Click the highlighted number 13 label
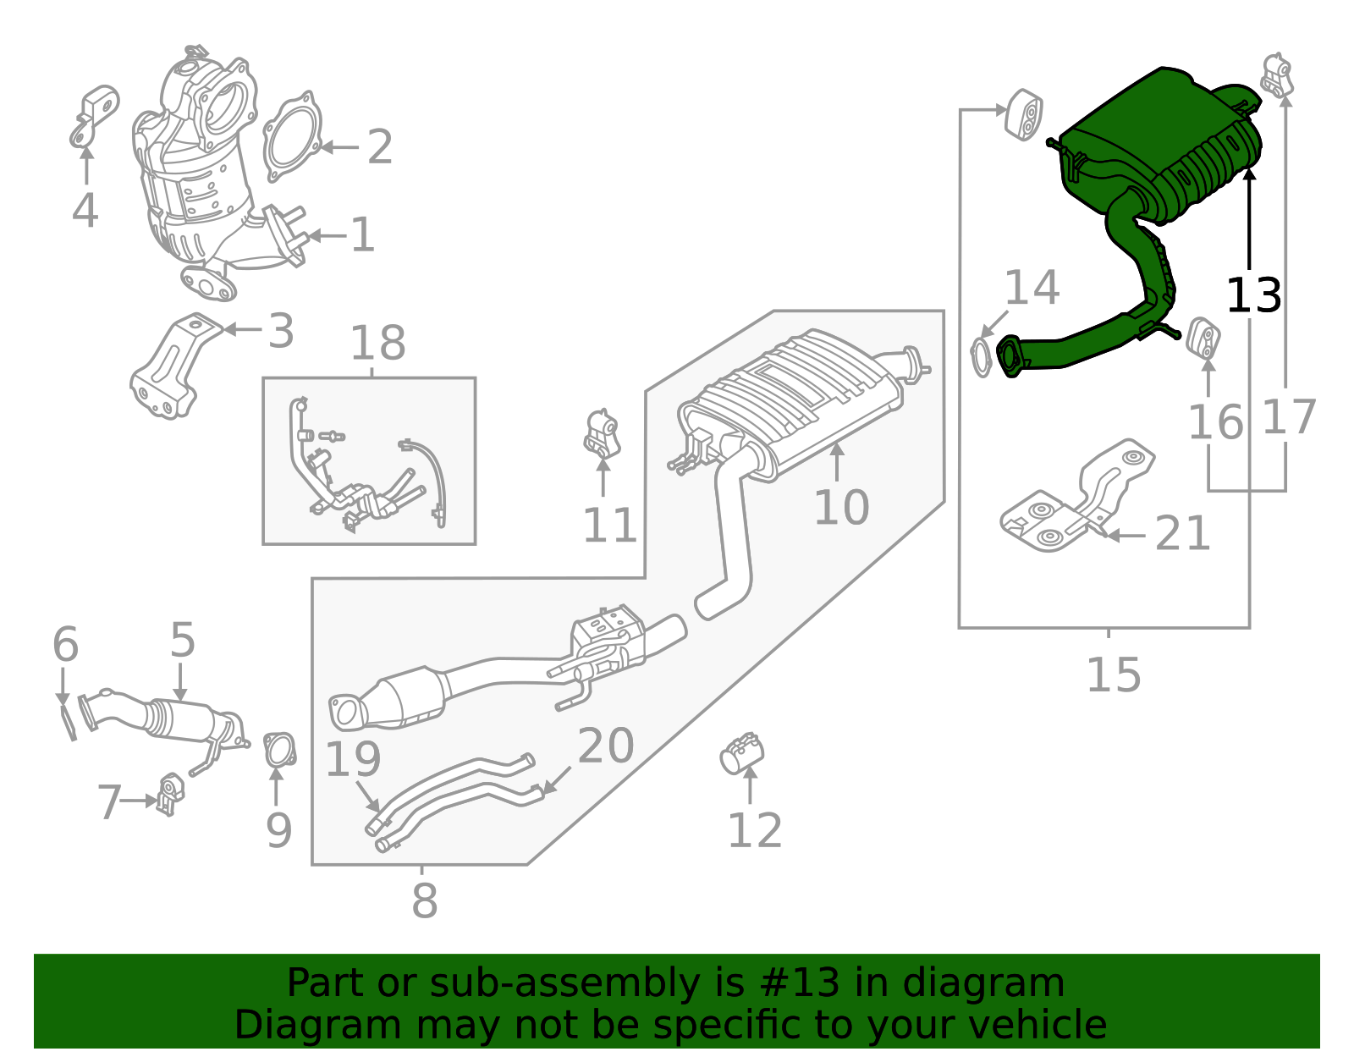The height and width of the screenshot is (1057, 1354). (x=1253, y=296)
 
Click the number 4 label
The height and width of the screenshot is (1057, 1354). (x=85, y=211)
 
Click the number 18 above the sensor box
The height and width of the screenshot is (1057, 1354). (x=377, y=344)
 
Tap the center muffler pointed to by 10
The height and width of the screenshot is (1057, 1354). (x=795, y=398)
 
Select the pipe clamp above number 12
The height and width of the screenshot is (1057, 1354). (x=742, y=752)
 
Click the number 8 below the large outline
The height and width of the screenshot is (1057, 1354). (x=424, y=901)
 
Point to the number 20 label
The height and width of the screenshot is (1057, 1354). (x=606, y=746)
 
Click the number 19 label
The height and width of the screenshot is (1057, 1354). (x=353, y=759)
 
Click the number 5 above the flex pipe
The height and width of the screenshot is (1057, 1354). (x=182, y=641)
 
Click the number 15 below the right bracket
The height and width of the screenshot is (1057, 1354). (x=1113, y=675)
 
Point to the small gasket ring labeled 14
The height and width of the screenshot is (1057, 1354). (x=981, y=357)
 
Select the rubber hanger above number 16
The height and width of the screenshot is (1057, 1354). (x=1203, y=337)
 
